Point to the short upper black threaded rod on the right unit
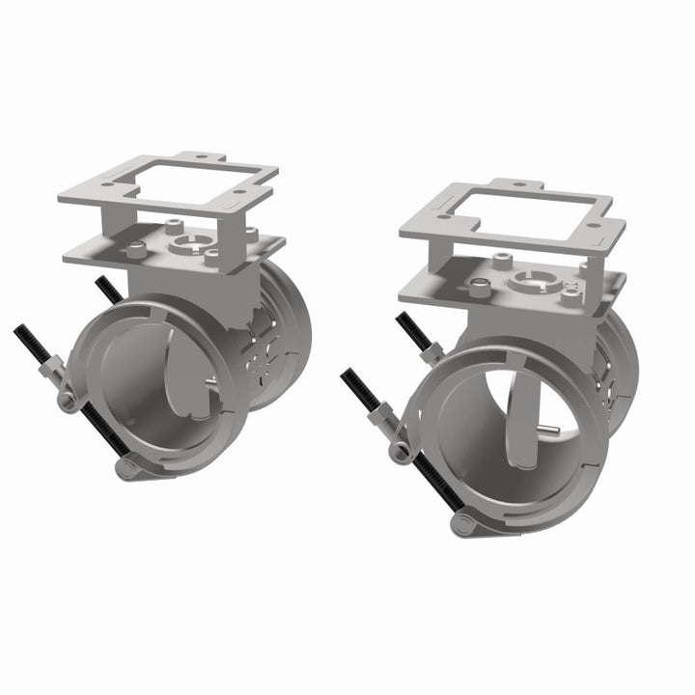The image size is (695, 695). click(x=413, y=330)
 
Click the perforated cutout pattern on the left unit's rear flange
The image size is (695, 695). click(x=264, y=352)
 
